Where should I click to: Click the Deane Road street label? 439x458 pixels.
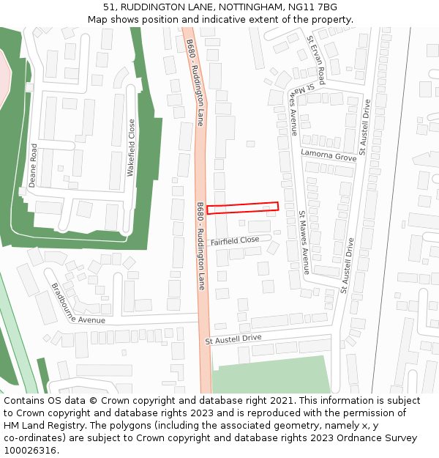click(33, 165)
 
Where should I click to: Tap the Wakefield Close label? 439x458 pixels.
click(132, 147)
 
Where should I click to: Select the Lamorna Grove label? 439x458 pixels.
click(329, 155)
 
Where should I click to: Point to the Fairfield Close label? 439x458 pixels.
click(235, 240)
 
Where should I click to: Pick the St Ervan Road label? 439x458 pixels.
click(316, 59)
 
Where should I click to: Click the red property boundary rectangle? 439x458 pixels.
click(242, 208)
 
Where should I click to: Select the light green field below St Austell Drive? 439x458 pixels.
click(267, 374)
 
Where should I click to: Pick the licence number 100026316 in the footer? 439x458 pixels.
click(30, 451)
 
